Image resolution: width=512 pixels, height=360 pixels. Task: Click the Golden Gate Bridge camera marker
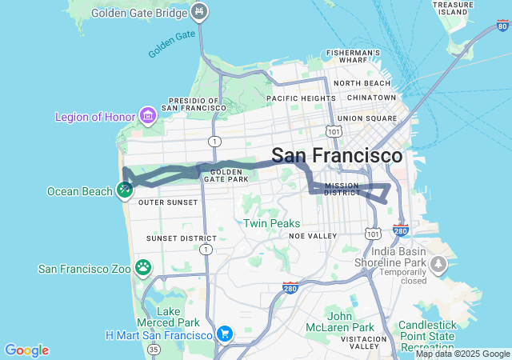(201, 11)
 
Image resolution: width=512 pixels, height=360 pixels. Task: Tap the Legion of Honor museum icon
(147, 117)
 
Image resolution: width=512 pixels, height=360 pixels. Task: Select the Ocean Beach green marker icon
(124, 190)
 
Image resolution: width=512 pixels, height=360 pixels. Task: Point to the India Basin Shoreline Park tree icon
(438, 264)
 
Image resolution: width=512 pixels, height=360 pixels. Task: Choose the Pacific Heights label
(301, 98)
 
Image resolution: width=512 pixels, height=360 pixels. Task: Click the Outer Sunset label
(167, 202)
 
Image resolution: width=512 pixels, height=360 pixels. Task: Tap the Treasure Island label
(452, 8)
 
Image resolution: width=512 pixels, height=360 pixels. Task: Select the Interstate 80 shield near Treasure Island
(502, 26)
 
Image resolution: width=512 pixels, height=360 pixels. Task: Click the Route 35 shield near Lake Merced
(154, 349)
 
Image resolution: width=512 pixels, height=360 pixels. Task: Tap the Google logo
(26, 350)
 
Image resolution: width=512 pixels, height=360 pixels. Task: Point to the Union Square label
(366, 118)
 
